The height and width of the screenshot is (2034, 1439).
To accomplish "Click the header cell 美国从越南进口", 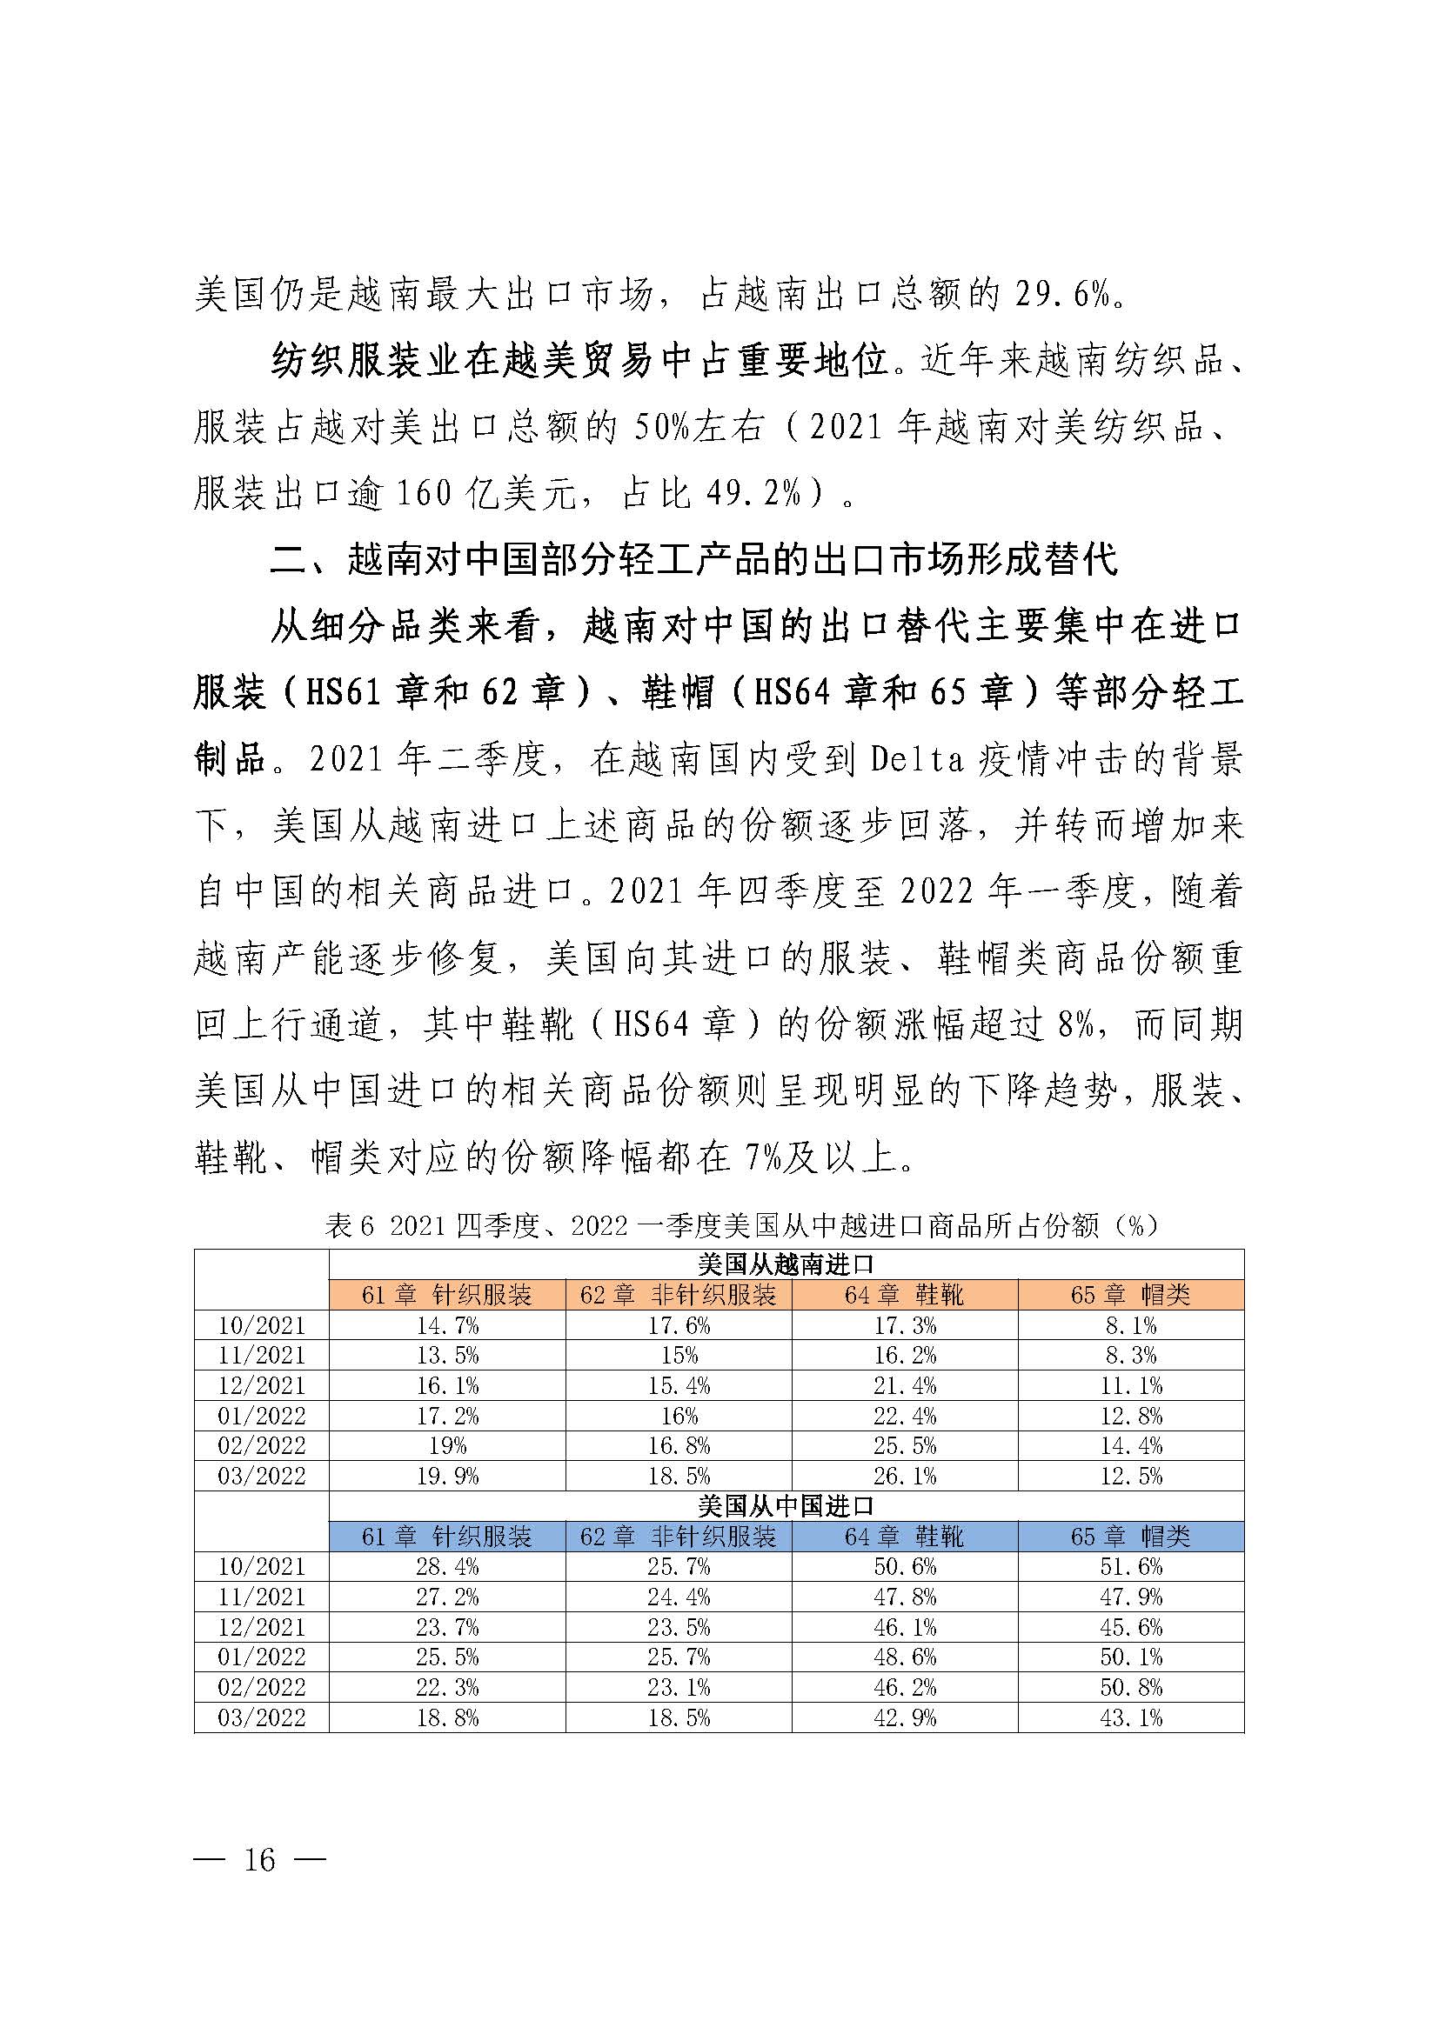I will [785, 1264].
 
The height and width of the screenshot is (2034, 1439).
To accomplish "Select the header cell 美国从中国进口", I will [785, 1506].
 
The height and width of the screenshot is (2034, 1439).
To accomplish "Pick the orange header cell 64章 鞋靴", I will [904, 1295].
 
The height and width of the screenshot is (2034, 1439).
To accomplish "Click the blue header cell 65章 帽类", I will [1131, 1536].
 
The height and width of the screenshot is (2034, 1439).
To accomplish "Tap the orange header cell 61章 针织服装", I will [446, 1295].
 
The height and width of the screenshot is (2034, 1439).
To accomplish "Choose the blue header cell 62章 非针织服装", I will [678, 1536].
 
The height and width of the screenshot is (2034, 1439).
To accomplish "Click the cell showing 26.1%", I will [905, 1476].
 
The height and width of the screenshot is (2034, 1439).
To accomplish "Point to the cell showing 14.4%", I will [1131, 1446].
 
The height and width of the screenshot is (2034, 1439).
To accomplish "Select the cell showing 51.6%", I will [1131, 1567].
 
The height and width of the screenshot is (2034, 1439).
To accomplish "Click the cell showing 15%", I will [678, 1356].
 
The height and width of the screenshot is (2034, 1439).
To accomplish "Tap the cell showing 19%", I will [446, 1446].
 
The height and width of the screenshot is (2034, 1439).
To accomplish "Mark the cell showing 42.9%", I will [905, 1717].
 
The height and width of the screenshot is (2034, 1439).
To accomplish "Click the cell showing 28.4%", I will [446, 1567].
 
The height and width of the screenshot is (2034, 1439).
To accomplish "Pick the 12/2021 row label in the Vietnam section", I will [261, 1385].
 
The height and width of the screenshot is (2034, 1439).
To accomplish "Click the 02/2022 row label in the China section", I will [261, 1688].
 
